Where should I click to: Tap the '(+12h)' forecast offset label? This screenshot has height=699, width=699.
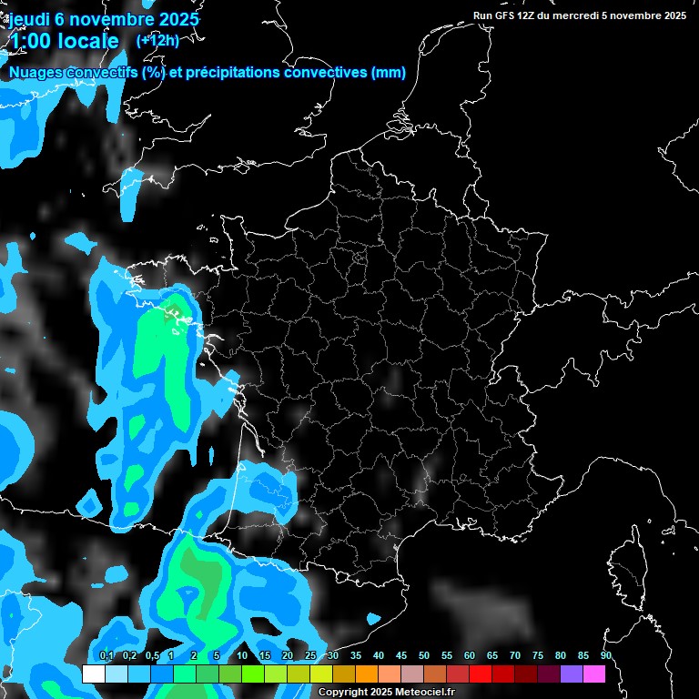(157, 40)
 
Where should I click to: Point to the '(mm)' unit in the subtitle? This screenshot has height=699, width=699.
(389, 73)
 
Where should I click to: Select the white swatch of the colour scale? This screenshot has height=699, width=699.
(93, 674)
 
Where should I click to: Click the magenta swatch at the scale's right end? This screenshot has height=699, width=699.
(594, 674)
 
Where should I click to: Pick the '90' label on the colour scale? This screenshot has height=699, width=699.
(605, 655)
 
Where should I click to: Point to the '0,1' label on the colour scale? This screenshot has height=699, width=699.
(106, 655)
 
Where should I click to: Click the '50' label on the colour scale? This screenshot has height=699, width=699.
(424, 655)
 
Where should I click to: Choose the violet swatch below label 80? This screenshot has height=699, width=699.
(572, 674)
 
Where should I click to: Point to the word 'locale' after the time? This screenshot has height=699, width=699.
(87, 41)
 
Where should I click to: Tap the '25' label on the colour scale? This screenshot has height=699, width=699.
(310, 655)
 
